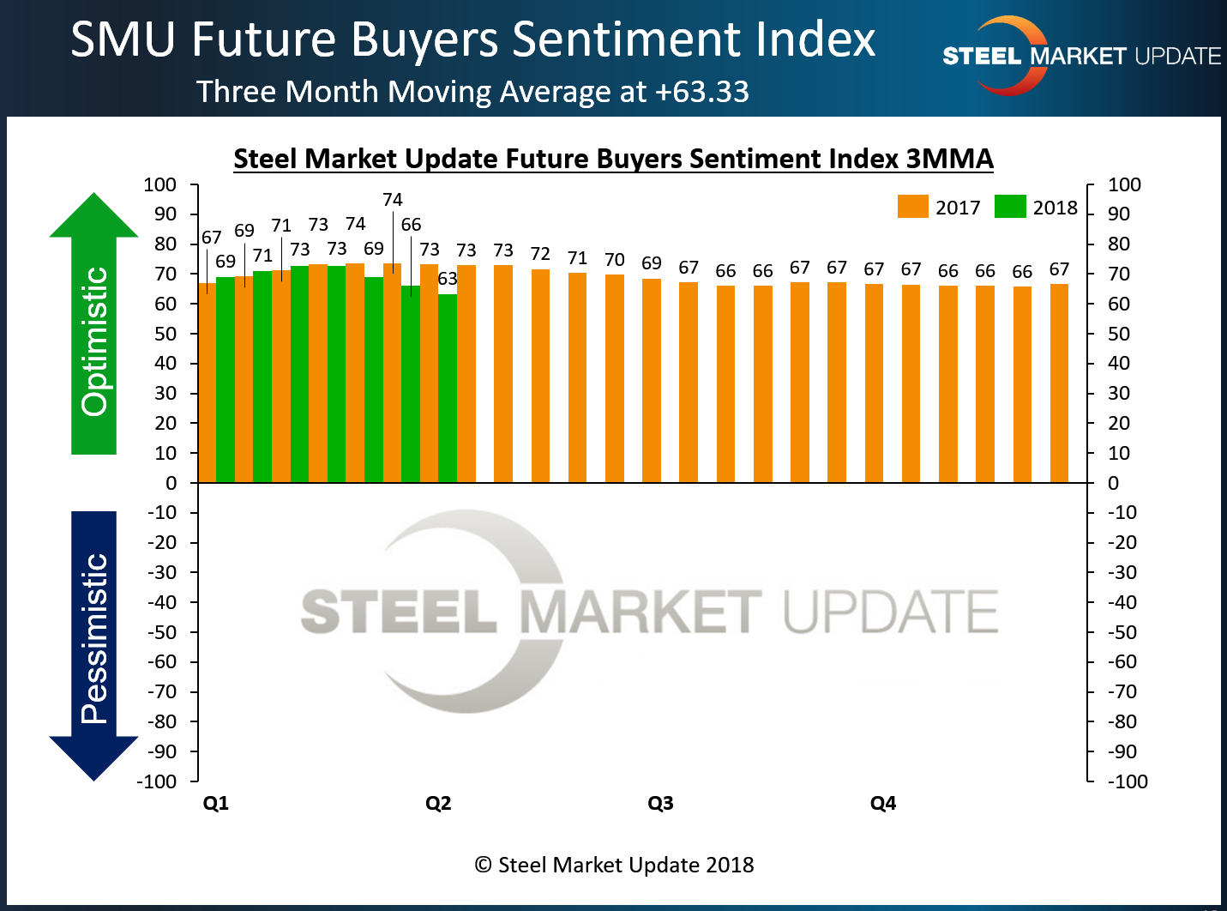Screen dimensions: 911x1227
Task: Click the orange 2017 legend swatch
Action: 912,207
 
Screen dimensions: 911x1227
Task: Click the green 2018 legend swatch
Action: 1010,207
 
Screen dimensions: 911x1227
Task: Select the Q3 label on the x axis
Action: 660,803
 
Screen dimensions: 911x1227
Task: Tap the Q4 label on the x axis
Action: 883,803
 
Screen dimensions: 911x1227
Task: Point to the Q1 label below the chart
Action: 216,803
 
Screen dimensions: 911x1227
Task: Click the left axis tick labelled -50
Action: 162,632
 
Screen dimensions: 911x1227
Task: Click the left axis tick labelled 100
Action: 160,184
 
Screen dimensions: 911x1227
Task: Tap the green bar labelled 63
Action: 448,386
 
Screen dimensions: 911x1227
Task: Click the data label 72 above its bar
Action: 540,254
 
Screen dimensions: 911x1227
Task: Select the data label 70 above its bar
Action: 615,259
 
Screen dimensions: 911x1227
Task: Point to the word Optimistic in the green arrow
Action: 94,341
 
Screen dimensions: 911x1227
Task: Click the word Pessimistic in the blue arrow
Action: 94,638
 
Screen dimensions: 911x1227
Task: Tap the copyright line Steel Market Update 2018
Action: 614,865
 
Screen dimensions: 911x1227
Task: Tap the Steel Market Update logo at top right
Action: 1080,56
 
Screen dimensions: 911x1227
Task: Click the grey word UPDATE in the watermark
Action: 891,612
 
